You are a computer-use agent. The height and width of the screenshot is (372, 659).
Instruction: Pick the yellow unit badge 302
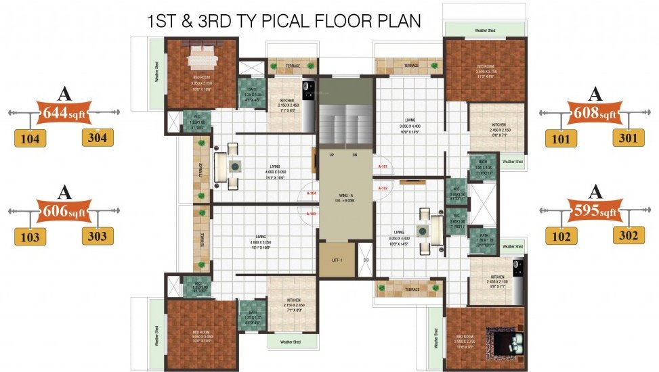tap(629, 235)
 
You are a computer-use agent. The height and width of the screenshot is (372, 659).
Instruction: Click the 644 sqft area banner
tap(65, 113)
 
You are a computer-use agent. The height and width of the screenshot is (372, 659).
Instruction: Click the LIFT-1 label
tap(337, 260)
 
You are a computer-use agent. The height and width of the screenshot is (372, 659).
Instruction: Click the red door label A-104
tap(312, 193)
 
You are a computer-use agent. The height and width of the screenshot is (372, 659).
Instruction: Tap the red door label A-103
tap(312, 214)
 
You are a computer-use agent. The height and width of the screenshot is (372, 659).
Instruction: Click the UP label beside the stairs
tap(332, 155)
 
